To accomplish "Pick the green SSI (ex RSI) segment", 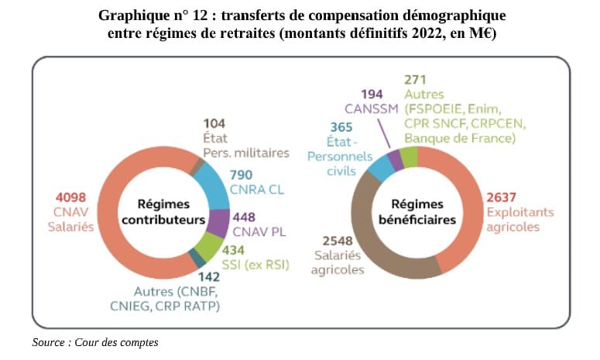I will click(x=207, y=247).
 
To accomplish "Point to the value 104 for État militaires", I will click(x=214, y=123).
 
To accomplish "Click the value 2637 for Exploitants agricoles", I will click(x=501, y=197).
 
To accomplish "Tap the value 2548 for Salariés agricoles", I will click(x=328, y=241).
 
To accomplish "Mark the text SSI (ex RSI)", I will click(x=255, y=265).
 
